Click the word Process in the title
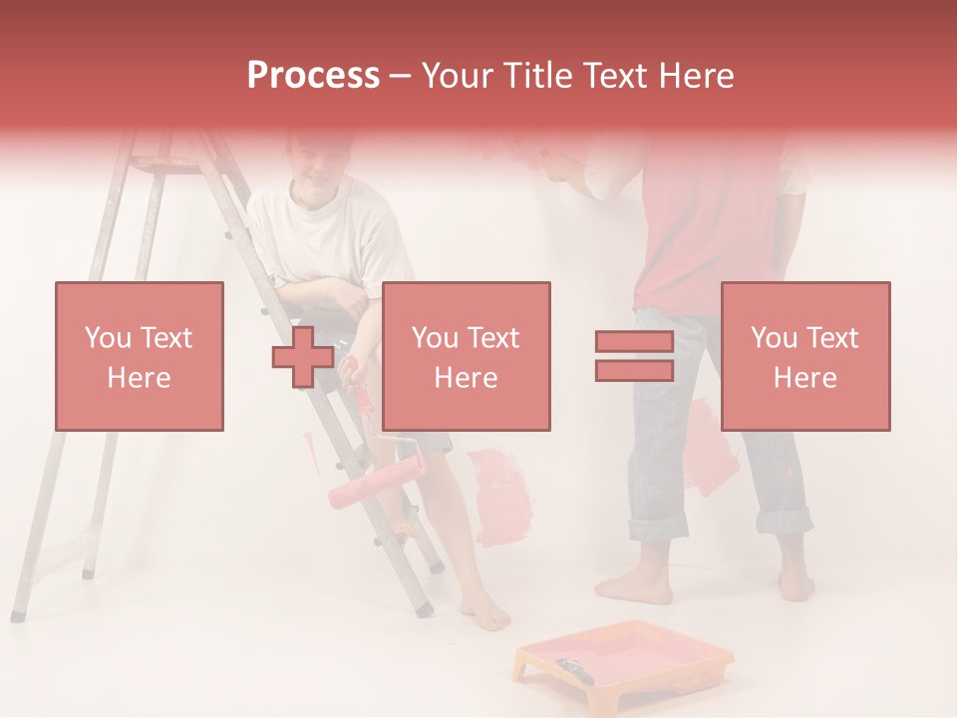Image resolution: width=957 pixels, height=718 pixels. (313, 76)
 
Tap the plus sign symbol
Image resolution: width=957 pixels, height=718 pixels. (303, 357)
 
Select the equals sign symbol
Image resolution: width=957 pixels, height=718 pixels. (634, 356)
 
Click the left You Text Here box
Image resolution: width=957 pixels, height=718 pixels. (140, 356)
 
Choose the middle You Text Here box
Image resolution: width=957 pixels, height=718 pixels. (466, 356)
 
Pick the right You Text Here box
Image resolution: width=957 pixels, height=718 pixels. (804, 356)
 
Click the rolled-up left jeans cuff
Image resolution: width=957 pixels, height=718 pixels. (653, 525)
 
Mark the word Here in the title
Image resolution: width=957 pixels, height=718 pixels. (693, 76)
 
